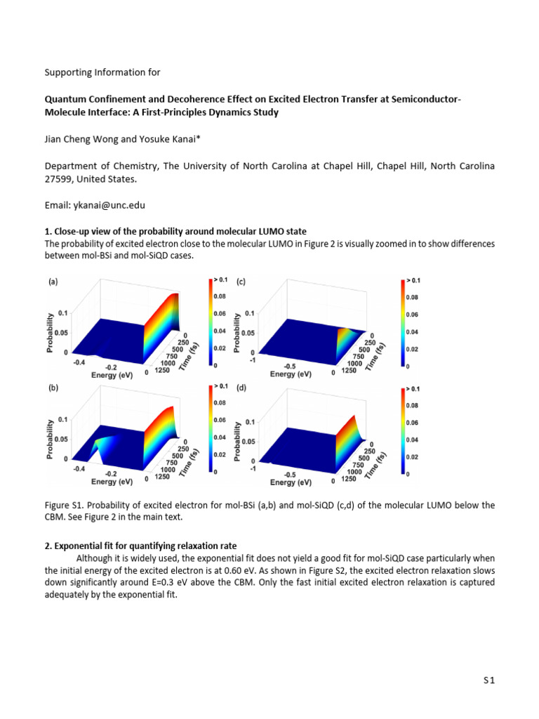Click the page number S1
click(x=488, y=680)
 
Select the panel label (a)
click(x=53, y=282)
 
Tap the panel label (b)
click(x=53, y=388)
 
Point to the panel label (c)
click(x=240, y=282)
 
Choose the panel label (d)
click(x=241, y=388)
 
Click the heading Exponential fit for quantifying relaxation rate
click(x=148, y=546)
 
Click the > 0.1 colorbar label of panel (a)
click(x=221, y=281)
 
